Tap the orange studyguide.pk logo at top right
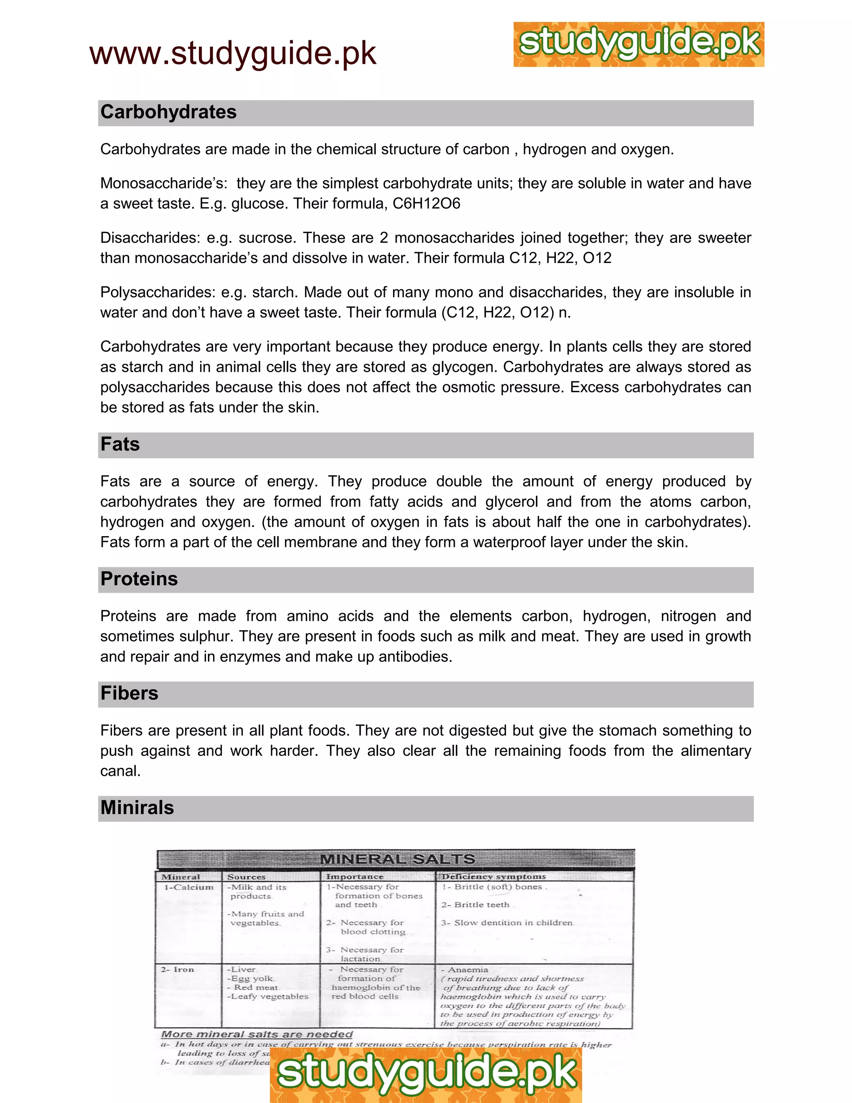[x=639, y=45]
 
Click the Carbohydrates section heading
[x=168, y=112]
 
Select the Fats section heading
[x=120, y=445]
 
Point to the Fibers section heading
[x=129, y=693]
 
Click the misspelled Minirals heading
[x=137, y=807]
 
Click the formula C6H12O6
[x=426, y=204]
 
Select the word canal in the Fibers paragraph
[x=120, y=771]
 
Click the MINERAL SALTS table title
[x=397, y=859]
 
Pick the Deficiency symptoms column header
[x=494, y=877]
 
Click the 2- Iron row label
[x=178, y=969]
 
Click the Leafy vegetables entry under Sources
[x=269, y=996]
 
